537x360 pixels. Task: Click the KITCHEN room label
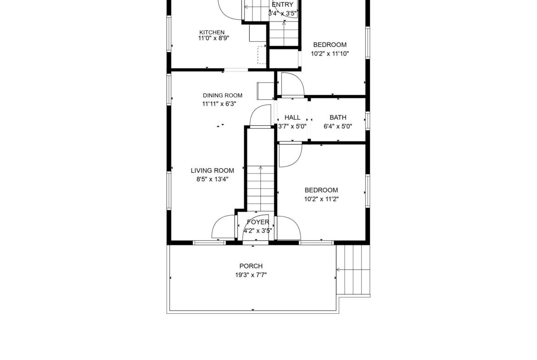click(x=212, y=32)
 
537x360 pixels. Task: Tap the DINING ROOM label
click(x=223, y=95)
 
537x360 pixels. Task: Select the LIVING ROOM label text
click(x=213, y=171)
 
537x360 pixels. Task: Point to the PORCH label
click(x=251, y=266)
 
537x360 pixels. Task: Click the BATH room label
click(x=338, y=117)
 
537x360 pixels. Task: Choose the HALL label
click(x=292, y=117)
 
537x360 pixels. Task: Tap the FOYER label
click(x=258, y=222)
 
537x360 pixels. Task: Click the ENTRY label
click(x=283, y=5)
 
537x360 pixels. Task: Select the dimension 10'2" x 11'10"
click(x=330, y=54)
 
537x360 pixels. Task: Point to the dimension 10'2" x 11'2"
click(x=321, y=199)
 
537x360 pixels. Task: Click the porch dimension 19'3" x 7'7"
click(x=251, y=275)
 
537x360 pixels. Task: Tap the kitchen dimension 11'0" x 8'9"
click(x=213, y=39)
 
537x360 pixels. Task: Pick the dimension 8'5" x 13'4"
click(x=213, y=179)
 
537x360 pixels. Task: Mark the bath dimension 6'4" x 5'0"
click(x=338, y=126)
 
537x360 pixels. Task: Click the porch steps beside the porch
click(x=353, y=270)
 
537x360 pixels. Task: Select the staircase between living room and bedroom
click(x=261, y=188)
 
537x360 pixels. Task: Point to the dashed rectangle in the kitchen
click(x=262, y=55)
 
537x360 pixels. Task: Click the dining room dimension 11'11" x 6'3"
click(x=219, y=104)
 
